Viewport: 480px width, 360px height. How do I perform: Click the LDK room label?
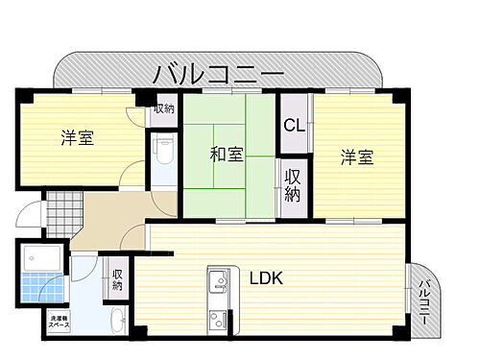coord(267,278)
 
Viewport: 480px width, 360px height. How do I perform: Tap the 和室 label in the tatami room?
coord(227,154)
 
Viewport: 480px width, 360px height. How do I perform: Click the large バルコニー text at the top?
coord(220,75)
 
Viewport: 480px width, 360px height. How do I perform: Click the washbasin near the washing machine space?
coord(114,321)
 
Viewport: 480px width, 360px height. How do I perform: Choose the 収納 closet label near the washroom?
coord(117,278)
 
